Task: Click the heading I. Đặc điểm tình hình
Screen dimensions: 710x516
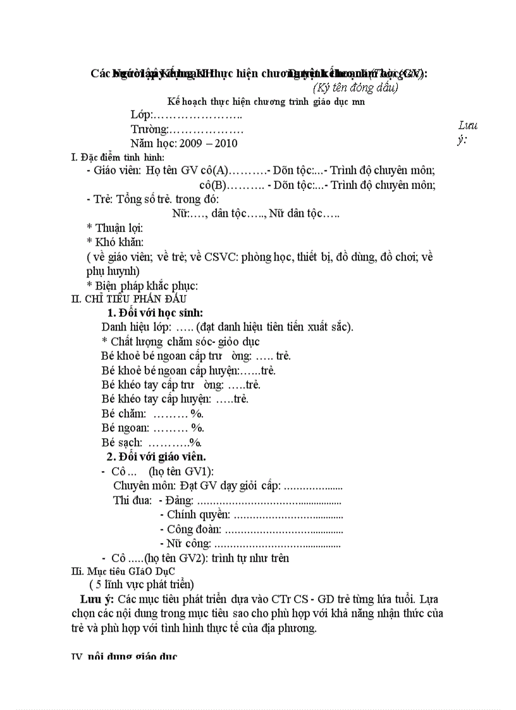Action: [x=118, y=157]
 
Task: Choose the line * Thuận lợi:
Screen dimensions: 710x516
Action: [x=114, y=228]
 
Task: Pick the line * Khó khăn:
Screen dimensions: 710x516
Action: [x=115, y=242]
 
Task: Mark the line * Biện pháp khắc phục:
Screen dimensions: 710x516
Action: [x=142, y=285]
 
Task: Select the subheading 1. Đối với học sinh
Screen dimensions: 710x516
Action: [x=155, y=312]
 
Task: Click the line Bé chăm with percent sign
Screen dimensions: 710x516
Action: [x=152, y=413]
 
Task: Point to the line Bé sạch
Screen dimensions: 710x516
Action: [x=151, y=443]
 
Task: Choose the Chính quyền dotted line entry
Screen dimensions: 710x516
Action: [x=251, y=515]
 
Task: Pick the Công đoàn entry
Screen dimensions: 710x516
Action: [x=251, y=529]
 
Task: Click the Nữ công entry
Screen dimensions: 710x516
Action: [x=250, y=543]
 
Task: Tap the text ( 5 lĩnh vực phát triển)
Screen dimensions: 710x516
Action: [x=142, y=584]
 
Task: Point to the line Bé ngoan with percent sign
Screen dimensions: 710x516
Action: [x=152, y=428]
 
